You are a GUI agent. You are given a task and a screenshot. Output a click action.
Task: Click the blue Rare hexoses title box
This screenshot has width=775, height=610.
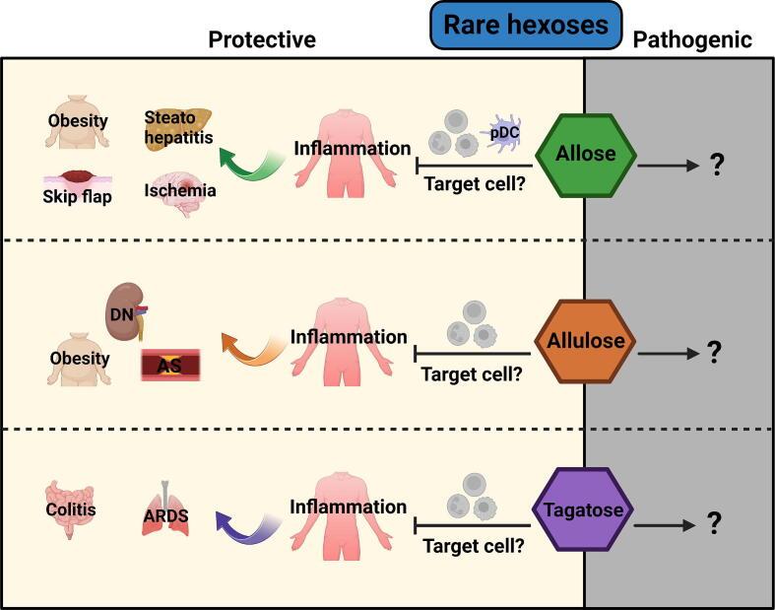[526, 26]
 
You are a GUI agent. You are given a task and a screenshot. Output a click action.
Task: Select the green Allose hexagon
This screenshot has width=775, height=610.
[586, 156]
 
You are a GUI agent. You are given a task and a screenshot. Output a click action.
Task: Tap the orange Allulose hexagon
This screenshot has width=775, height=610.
[585, 341]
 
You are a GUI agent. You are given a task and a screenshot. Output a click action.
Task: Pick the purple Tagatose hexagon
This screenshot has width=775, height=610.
[583, 509]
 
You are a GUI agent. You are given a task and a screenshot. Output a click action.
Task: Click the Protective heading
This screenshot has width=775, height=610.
[262, 39]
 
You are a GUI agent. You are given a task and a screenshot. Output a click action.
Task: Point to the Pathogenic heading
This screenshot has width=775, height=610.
[692, 39]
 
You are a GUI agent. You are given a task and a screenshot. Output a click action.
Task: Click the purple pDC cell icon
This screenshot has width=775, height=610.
[500, 132]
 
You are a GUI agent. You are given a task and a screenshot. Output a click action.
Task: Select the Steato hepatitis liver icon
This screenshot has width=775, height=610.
[178, 127]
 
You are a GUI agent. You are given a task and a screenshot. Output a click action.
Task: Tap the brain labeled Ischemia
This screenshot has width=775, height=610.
[181, 194]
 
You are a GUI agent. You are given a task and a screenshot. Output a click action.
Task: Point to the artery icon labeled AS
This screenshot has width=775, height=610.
[170, 365]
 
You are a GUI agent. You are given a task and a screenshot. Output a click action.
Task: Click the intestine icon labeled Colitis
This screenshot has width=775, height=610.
[70, 509]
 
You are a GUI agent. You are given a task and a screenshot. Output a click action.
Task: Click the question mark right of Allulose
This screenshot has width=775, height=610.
[714, 353]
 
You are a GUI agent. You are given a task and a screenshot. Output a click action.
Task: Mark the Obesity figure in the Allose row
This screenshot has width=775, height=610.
[77, 121]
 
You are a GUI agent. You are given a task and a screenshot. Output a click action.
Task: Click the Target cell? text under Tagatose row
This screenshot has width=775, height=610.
[473, 546]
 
